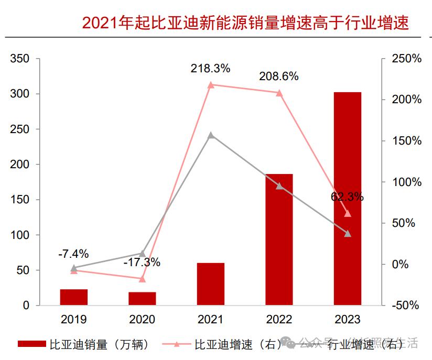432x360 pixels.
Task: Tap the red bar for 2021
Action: coord(211,283)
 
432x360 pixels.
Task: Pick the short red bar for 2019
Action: coord(74,297)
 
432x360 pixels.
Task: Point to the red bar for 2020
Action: coord(142,298)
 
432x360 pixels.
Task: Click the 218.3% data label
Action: coord(211,68)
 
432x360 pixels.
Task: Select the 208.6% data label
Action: coord(279,77)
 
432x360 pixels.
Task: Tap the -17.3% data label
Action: coord(142,262)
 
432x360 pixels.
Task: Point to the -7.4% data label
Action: coord(73,254)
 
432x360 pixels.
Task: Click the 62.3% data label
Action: coord(347,197)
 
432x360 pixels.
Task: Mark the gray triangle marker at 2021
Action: coord(211,135)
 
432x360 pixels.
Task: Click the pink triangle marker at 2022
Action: coord(279,93)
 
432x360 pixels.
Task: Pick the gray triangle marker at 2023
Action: coord(348,233)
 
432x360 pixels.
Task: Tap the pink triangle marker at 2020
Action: coord(142,278)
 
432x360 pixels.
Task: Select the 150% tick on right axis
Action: coord(407,141)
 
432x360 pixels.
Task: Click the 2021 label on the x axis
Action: coord(211,320)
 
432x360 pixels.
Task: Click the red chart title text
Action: coord(245,23)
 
